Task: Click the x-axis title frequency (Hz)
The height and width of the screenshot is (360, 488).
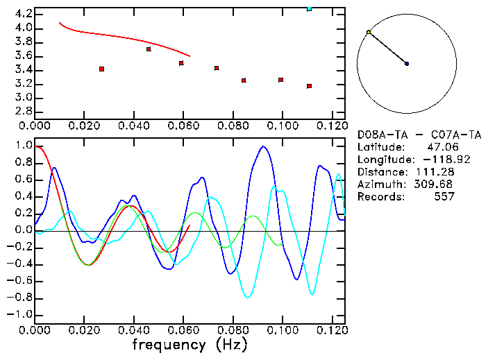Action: [189, 345]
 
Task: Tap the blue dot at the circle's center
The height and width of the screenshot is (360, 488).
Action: [407, 64]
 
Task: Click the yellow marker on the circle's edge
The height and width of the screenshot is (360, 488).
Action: [369, 32]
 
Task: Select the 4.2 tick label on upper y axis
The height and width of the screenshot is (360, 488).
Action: [23, 14]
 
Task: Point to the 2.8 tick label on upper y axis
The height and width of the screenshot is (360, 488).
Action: [23, 112]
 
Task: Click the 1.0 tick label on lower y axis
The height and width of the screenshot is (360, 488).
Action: [23, 146]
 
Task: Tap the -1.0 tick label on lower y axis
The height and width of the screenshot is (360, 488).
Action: [21, 314]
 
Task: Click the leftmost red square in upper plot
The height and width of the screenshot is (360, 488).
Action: [102, 69]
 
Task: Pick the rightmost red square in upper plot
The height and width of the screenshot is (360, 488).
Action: [309, 86]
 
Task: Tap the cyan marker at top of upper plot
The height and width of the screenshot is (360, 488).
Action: [309, 8]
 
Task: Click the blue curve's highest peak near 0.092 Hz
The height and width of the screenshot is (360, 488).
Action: [263, 146]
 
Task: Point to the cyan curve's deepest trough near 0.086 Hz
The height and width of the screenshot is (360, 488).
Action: [247, 297]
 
